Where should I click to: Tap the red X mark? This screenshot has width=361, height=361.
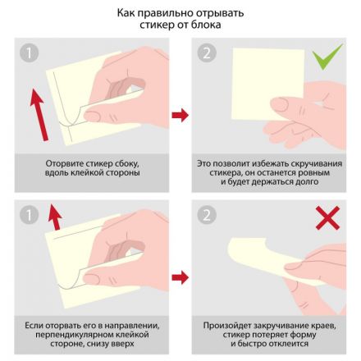click(327, 217)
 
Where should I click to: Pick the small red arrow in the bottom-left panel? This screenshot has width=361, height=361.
click(55, 217)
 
